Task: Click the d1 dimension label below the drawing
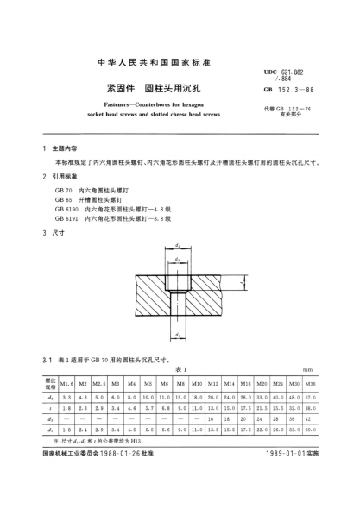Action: coord(177,333)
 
